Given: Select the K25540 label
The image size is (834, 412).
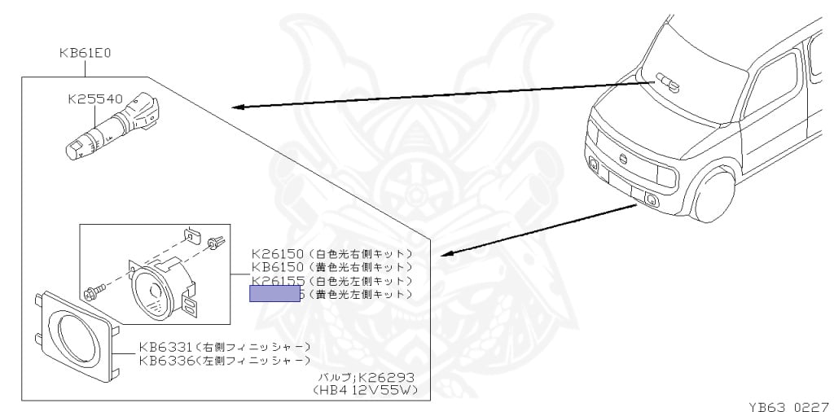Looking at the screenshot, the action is pyautogui.click(x=95, y=100).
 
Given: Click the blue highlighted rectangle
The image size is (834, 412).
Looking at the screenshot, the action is pyautogui.click(x=275, y=294).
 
